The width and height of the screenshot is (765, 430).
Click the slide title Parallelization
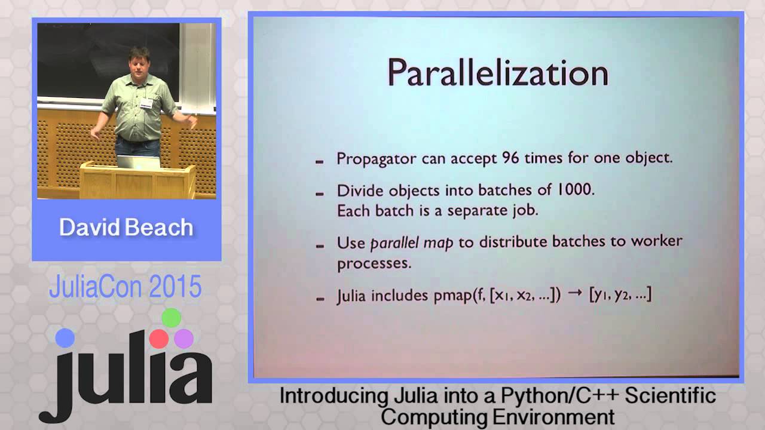(497, 73)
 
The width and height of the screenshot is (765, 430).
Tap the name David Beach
(126, 228)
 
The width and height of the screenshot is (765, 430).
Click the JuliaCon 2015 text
(126, 287)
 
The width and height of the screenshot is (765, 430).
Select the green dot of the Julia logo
(171, 318)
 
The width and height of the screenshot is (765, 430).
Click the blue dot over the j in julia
(65, 338)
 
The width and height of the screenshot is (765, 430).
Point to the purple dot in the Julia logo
(183, 339)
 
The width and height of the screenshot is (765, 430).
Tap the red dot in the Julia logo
(159, 339)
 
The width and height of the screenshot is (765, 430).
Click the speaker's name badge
(146, 103)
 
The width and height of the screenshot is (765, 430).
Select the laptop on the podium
(139, 161)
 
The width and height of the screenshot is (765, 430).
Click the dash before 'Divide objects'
(320, 192)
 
